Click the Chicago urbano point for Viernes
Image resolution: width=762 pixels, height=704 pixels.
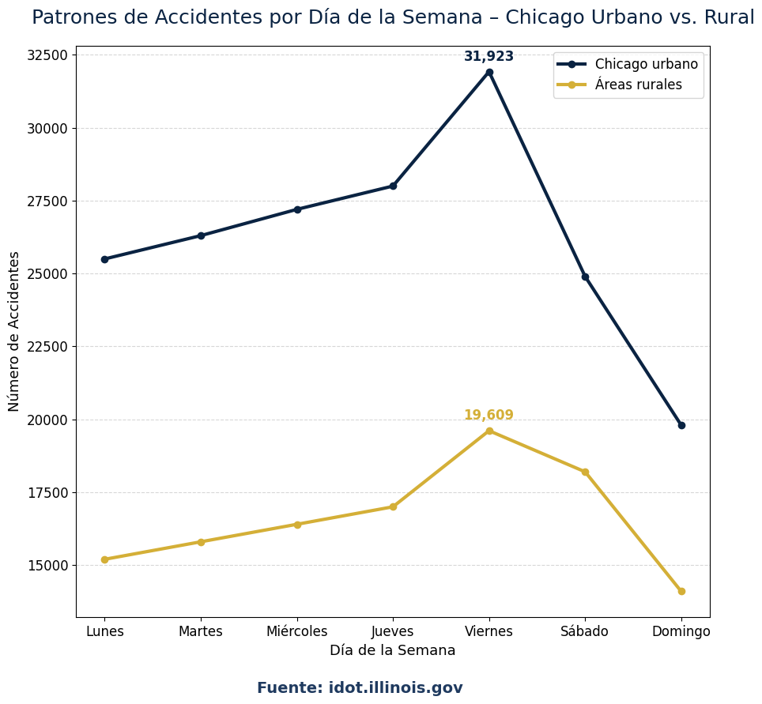click(489, 72)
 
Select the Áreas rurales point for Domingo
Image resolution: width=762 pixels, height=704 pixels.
click(681, 591)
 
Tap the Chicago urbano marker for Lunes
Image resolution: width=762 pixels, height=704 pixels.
click(104, 259)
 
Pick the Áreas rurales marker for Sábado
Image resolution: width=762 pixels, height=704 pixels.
click(585, 472)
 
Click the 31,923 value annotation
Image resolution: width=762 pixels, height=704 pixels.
click(489, 57)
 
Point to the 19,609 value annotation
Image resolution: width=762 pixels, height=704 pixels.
click(489, 416)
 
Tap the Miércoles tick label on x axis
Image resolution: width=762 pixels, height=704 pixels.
click(296, 631)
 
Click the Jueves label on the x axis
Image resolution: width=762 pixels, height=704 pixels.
click(393, 631)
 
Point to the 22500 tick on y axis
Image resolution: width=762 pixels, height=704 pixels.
click(48, 347)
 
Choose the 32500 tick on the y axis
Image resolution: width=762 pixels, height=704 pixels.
click(48, 55)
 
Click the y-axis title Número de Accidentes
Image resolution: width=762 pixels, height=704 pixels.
click(14, 331)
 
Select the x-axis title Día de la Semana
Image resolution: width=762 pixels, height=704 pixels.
click(393, 651)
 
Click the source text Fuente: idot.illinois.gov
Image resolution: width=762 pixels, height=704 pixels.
click(360, 688)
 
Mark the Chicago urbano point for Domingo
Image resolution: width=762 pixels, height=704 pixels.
click(681, 425)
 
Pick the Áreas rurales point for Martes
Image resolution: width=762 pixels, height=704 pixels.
click(201, 542)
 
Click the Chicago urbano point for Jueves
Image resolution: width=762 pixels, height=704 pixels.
click(393, 186)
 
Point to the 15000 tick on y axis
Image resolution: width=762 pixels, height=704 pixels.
click(48, 566)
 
